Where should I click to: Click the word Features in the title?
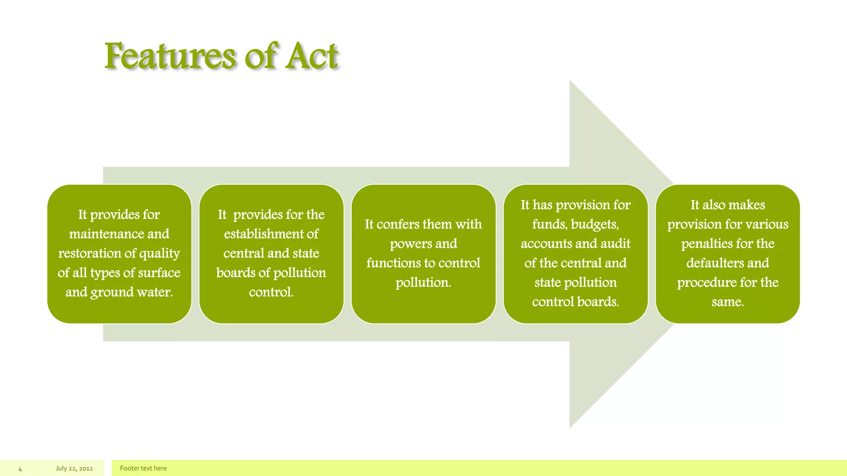tap(170, 56)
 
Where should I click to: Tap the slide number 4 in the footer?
tap(20, 469)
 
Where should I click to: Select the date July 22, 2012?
tap(74, 469)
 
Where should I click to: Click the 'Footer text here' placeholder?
tap(143, 469)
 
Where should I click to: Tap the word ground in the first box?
tap(112, 293)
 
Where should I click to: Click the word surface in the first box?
tap(159, 273)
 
